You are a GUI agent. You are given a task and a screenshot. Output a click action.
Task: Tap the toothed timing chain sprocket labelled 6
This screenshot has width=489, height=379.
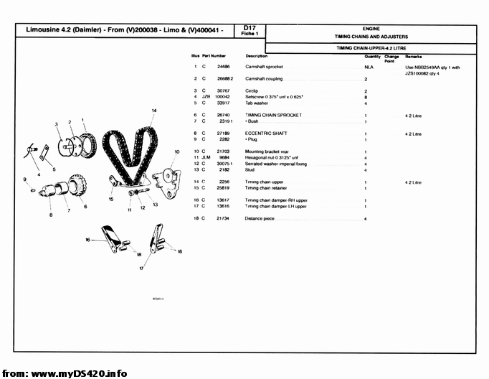(80, 190)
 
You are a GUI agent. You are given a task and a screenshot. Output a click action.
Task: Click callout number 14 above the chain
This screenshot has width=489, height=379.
(153, 110)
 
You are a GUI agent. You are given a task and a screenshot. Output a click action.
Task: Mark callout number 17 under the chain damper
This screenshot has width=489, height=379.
(141, 268)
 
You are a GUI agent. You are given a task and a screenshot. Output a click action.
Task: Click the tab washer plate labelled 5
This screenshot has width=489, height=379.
(44, 153)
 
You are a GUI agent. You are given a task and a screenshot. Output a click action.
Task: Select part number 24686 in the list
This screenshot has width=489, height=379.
(223, 67)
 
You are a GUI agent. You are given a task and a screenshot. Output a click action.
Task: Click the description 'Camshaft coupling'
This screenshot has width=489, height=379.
(264, 78)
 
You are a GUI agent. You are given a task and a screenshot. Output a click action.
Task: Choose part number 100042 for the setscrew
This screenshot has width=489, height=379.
(222, 97)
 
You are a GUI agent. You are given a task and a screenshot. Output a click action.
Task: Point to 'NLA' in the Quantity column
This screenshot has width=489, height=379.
(366, 67)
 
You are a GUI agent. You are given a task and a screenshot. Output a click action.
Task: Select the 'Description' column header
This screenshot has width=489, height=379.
(256, 56)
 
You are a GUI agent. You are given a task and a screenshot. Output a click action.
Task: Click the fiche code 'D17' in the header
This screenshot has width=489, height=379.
(250, 27)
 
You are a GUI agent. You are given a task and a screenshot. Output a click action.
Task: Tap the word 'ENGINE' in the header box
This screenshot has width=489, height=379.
(371, 28)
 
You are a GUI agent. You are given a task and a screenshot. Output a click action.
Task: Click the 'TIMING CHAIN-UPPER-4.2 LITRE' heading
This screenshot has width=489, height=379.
(371, 47)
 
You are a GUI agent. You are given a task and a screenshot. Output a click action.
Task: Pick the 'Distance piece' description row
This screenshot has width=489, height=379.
(260, 217)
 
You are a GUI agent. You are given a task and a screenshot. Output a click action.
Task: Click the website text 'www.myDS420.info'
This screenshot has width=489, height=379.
(79, 373)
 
